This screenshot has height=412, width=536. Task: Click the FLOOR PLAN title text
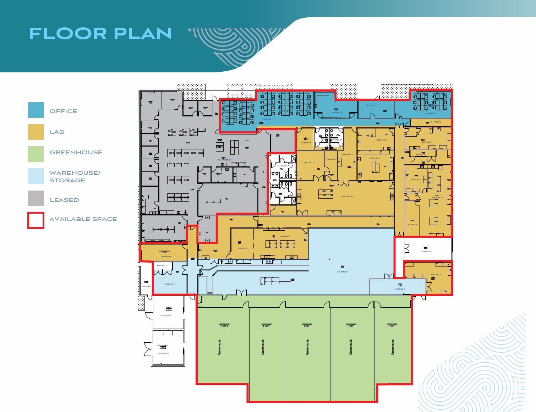(x=100, y=33)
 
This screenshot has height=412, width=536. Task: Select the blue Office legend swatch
(x=36, y=110)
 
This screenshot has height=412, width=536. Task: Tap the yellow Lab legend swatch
(x=36, y=132)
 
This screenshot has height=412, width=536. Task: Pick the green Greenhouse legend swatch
(x=36, y=154)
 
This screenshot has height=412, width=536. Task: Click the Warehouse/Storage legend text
(x=75, y=176)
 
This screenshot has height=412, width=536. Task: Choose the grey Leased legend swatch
(x=36, y=198)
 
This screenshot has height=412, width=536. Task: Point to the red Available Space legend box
(x=36, y=220)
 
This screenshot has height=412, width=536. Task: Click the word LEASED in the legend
(x=64, y=200)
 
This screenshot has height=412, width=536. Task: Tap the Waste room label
(x=169, y=308)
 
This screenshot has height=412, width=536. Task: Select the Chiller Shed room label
(x=162, y=345)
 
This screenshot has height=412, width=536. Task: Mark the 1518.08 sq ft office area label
(x=268, y=120)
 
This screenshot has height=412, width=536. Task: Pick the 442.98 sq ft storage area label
(x=170, y=284)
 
